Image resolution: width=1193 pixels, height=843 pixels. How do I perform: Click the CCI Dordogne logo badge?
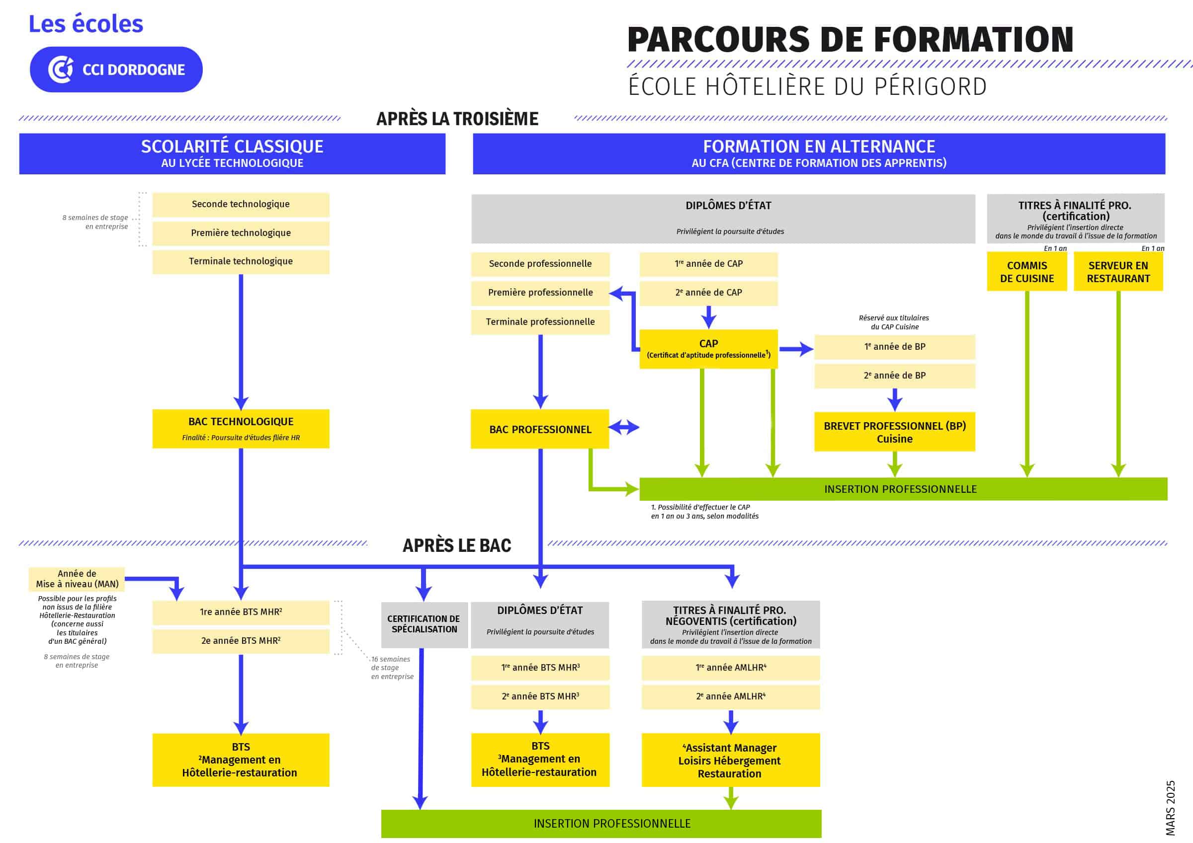[116, 70]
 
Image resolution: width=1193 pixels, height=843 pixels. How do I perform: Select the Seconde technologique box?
[241, 204]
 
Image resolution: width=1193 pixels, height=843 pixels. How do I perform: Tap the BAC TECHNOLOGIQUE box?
[241, 429]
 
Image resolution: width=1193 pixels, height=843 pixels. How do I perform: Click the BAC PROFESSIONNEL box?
[540, 429]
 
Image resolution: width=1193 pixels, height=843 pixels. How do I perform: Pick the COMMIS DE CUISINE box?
[1027, 272]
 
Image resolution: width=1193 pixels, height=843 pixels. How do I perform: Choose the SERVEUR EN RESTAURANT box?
[1118, 272]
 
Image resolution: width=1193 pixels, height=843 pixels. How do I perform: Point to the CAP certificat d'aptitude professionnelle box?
[708, 349]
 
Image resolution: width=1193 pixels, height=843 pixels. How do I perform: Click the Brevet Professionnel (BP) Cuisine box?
[894, 432]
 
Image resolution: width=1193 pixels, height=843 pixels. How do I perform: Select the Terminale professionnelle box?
[540, 321]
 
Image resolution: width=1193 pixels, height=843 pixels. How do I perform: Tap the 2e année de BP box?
[894, 376]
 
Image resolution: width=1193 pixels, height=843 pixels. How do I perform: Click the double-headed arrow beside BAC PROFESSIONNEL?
[623, 428]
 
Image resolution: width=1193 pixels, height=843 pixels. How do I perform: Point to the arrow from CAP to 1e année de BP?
[796, 349]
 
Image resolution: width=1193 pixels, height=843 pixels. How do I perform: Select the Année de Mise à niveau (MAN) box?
[77, 579]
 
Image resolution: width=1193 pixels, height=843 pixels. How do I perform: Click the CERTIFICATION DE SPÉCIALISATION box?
[424, 624]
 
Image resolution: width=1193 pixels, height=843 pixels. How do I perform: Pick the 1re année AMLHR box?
[731, 668]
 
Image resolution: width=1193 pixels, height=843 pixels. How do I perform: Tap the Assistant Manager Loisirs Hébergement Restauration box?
[731, 760]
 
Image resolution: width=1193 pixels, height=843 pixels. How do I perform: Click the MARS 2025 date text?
[1170, 808]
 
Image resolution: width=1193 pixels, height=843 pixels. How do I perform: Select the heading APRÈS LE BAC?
[457, 545]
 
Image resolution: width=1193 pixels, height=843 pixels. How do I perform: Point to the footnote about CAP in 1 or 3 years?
[704, 512]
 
